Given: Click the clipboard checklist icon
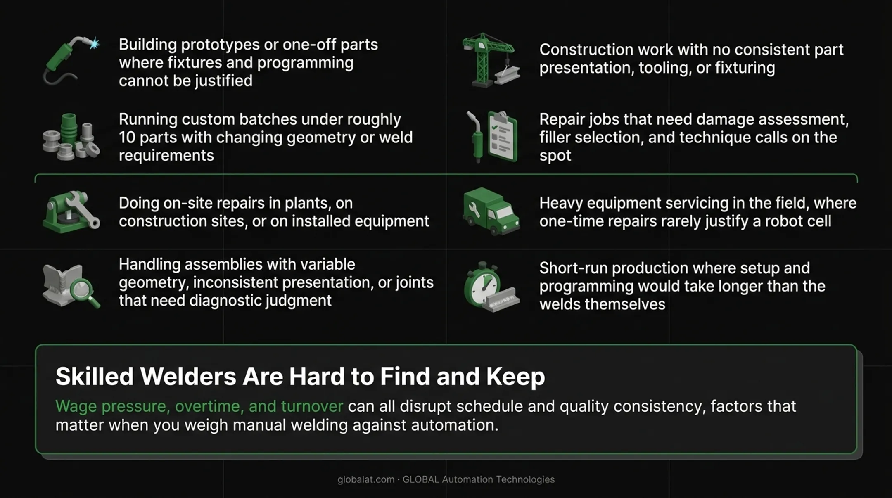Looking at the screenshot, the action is click(492, 137).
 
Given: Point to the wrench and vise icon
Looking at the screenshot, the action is click(71, 211).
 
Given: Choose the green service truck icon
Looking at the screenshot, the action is click(491, 211).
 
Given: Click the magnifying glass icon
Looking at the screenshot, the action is click(71, 286).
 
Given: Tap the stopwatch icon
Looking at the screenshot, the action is click(491, 287).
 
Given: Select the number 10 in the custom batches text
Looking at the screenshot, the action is click(127, 138).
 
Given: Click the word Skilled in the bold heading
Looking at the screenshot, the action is click(95, 376).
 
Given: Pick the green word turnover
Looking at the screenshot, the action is click(312, 406).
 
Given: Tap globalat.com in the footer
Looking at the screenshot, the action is click(366, 479).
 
